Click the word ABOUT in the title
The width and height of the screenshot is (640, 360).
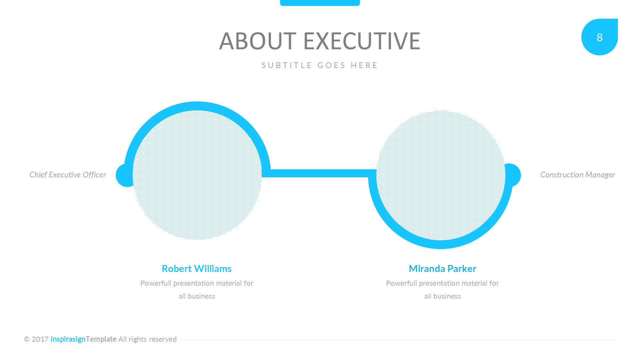click(x=258, y=41)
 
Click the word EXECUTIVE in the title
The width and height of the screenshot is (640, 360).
click(x=362, y=41)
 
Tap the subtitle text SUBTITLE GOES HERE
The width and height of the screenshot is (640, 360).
click(x=320, y=65)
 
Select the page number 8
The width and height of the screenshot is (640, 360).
click(x=599, y=37)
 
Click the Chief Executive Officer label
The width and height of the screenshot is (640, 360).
click(x=68, y=175)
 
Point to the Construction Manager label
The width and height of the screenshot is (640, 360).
click(x=577, y=175)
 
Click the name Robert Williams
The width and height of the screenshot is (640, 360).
click(x=196, y=268)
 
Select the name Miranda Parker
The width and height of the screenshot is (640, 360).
click(x=442, y=268)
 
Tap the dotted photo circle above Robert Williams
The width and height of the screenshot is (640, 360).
click(x=197, y=175)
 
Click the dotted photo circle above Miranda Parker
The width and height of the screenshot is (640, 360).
click(x=441, y=175)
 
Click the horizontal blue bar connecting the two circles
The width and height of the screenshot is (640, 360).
click(x=319, y=173)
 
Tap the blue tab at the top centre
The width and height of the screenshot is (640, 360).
click(x=320, y=3)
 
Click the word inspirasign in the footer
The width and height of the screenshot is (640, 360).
click(x=68, y=339)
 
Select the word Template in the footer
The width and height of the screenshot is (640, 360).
click(x=101, y=339)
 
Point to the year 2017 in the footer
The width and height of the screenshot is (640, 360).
click(x=40, y=339)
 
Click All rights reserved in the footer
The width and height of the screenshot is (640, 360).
click(x=147, y=339)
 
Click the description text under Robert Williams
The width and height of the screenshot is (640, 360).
click(x=197, y=289)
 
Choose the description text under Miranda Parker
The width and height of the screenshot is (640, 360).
click(x=442, y=289)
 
